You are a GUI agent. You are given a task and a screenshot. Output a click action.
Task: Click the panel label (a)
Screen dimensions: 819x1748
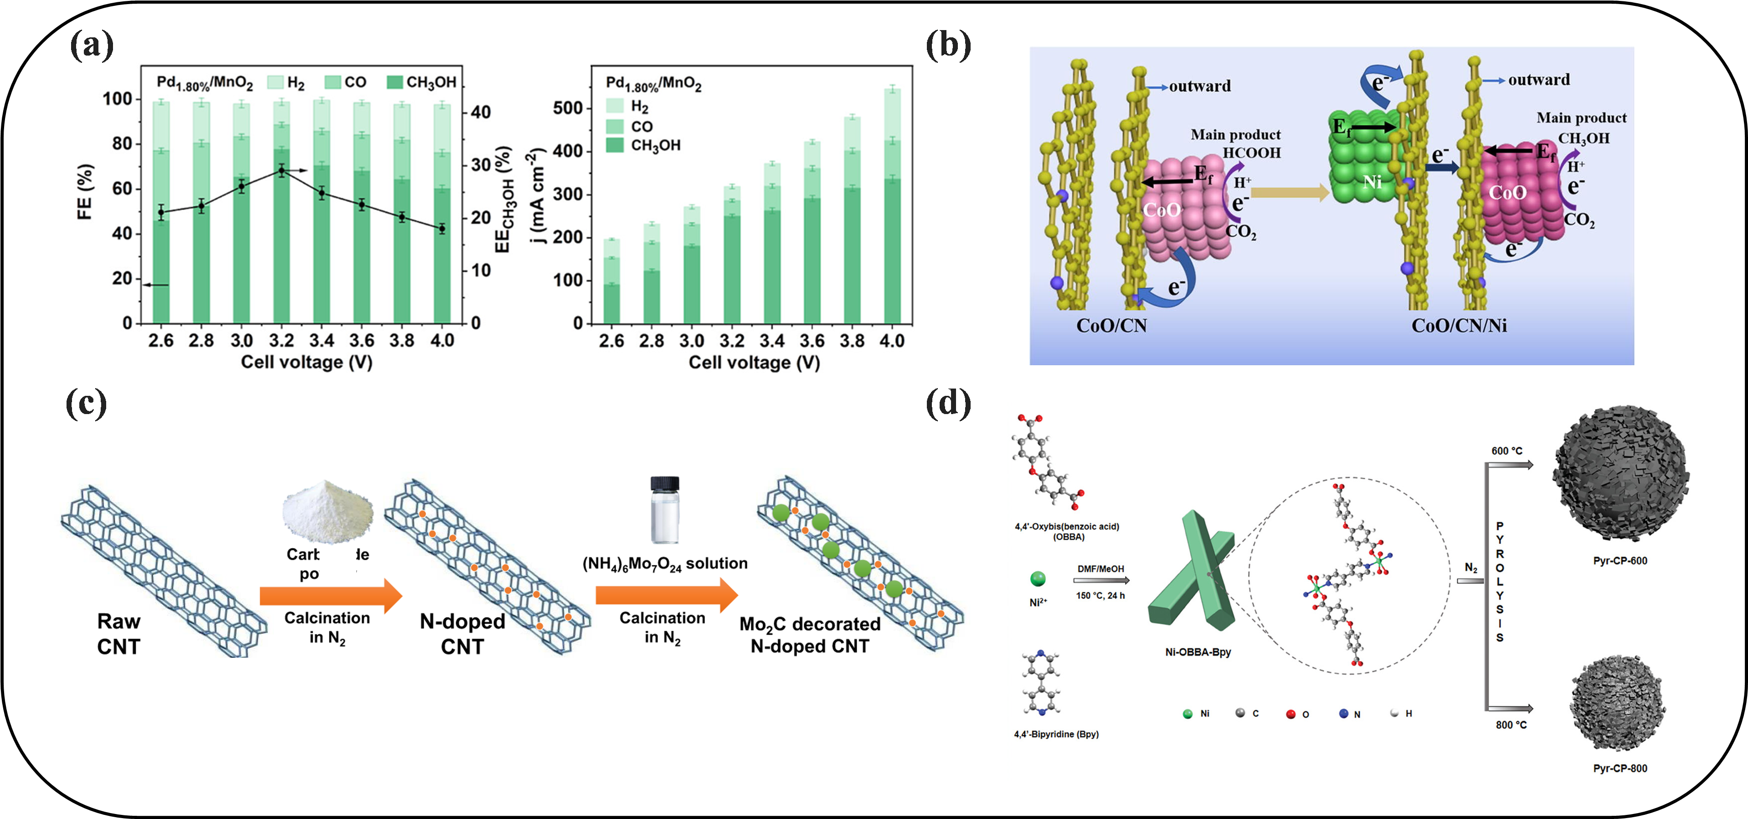tap(92, 46)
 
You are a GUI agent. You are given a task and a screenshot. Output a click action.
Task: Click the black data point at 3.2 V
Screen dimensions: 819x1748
tap(282, 170)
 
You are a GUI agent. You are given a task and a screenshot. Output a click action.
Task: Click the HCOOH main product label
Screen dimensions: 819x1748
tap(1251, 153)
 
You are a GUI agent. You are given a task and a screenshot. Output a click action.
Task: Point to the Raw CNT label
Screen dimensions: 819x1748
tap(119, 634)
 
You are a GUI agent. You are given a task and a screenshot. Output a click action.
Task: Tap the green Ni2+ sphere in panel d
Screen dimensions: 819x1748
tap(1038, 579)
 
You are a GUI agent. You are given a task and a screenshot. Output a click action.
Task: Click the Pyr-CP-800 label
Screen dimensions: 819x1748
tap(1620, 768)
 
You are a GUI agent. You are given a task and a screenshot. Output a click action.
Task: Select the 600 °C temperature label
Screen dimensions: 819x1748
tap(1506, 450)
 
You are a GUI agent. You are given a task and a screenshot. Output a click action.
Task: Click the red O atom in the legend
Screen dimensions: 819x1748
tap(1290, 714)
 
